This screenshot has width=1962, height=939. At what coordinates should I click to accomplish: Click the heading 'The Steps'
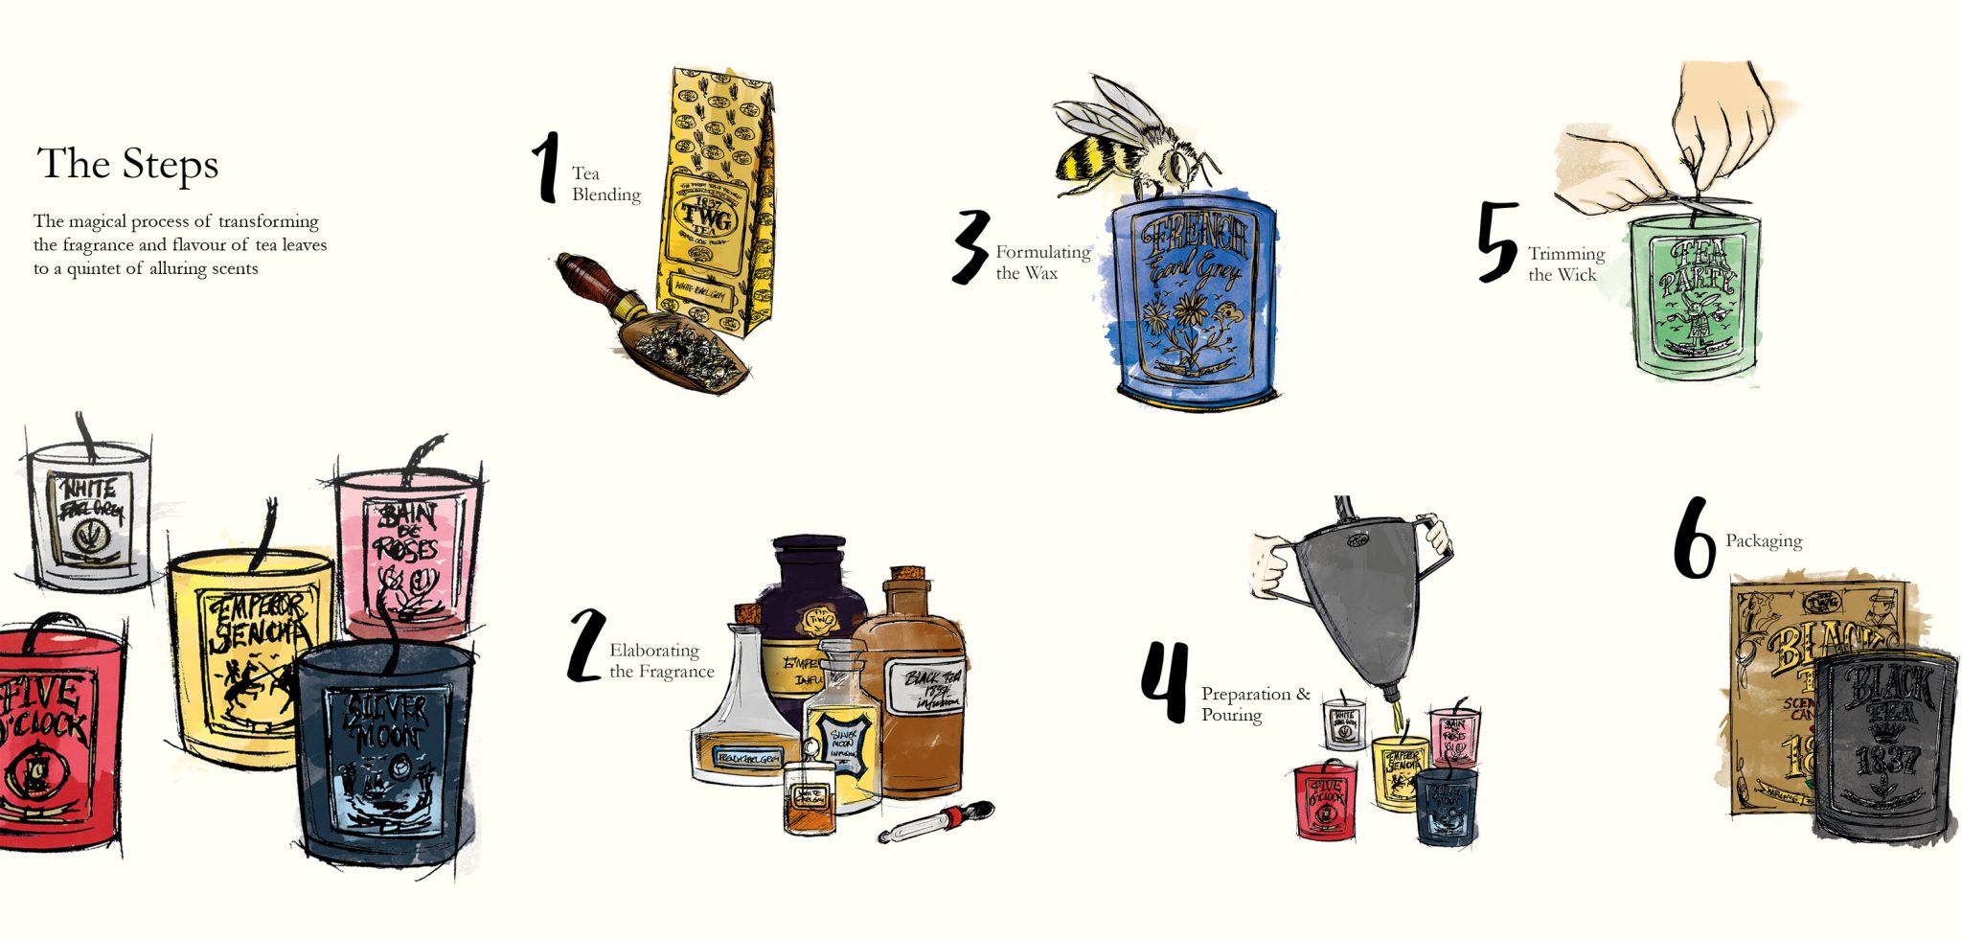click(x=127, y=164)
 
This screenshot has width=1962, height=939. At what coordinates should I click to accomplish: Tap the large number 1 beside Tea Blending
click(x=546, y=169)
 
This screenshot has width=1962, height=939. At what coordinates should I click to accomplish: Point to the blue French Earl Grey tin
click(x=1193, y=302)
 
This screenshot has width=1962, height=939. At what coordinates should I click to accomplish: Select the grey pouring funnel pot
click(x=1360, y=594)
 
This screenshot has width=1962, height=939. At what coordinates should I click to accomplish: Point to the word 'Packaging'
click(x=1763, y=541)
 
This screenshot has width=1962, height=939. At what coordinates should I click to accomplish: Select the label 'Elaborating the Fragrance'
click(x=661, y=661)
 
